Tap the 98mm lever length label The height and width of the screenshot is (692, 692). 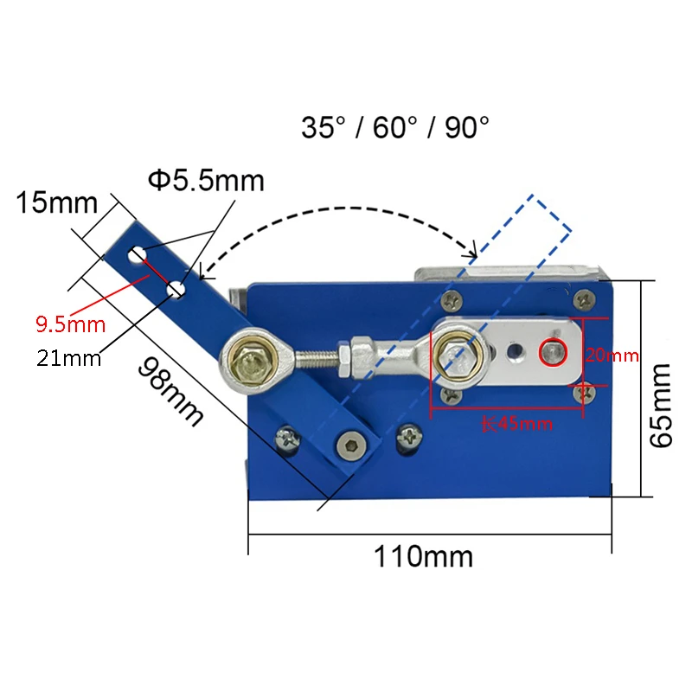tap(170, 390)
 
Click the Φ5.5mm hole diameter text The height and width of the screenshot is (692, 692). tap(206, 181)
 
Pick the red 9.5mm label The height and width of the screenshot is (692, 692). tap(70, 325)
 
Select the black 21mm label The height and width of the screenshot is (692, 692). tap(69, 356)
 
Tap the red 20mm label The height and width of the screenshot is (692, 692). tap(612, 355)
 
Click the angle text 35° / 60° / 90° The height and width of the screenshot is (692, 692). tap(395, 128)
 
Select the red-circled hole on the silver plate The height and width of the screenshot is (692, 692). tap(552, 351)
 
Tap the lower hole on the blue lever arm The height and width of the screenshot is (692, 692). tap(176, 289)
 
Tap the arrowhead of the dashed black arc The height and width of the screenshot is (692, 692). tap(472, 254)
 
